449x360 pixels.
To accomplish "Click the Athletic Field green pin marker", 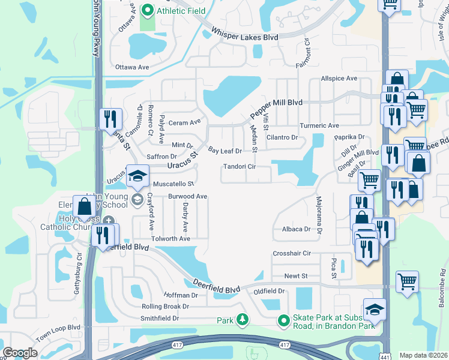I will [148, 10].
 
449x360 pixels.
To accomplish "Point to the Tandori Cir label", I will [240, 167].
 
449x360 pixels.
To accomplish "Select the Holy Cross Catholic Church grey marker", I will [107, 220].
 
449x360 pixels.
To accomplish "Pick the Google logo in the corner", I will [20, 353].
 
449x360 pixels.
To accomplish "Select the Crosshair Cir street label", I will [292, 254].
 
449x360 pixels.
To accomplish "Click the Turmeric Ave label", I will [319, 125].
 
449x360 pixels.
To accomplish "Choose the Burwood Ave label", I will [187, 196].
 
